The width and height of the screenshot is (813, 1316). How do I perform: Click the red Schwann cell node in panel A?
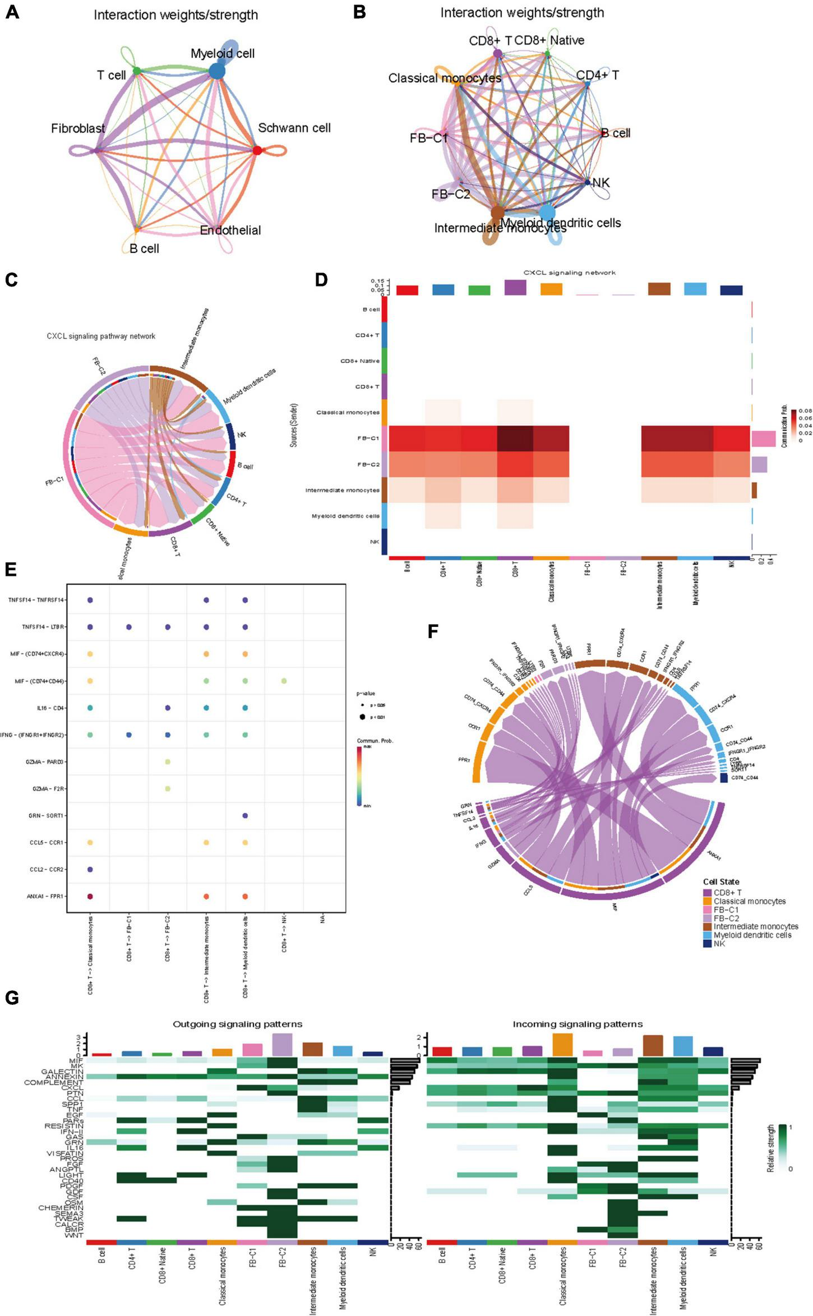pyautogui.click(x=257, y=150)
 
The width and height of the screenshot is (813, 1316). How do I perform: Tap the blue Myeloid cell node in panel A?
pyautogui.click(x=216, y=71)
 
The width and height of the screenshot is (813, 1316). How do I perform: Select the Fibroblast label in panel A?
pyautogui.click(x=78, y=128)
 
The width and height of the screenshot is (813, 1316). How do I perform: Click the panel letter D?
pyautogui.click(x=321, y=280)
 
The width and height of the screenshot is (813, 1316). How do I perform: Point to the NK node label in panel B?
pyautogui.click(x=601, y=183)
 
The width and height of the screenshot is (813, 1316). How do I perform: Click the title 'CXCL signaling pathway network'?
pyautogui.click(x=101, y=336)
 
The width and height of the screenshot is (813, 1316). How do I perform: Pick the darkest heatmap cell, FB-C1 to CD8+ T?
pyautogui.click(x=515, y=438)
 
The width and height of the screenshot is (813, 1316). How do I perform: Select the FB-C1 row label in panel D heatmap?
pyautogui.click(x=368, y=438)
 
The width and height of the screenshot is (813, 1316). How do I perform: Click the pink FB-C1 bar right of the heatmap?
pyautogui.click(x=763, y=438)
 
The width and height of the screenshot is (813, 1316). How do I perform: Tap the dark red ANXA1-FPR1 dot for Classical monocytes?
pyautogui.click(x=90, y=896)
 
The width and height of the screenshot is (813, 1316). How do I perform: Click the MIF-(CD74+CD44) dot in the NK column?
pyautogui.click(x=284, y=681)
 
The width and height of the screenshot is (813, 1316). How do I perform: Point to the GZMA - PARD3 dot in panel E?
pyautogui.click(x=168, y=762)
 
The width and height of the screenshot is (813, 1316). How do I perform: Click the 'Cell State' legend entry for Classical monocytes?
pyautogui.click(x=750, y=901)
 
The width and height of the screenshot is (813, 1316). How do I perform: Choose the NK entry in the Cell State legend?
pyautogui.click(x=719, y=944)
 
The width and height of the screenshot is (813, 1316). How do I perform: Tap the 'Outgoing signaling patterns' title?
pyautogui.click(x=237, y=1024)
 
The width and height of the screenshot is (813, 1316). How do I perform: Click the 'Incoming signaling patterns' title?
pyautogui.click(x=578, y=1024)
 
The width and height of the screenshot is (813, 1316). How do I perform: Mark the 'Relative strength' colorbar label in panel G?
pyautogui.click(x=771, y=1148)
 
